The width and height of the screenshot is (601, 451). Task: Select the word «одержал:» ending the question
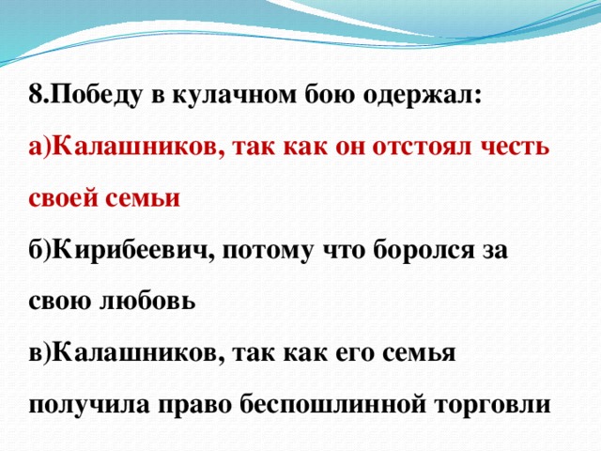(426, 94)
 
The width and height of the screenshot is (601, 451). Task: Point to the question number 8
(36, 94)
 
